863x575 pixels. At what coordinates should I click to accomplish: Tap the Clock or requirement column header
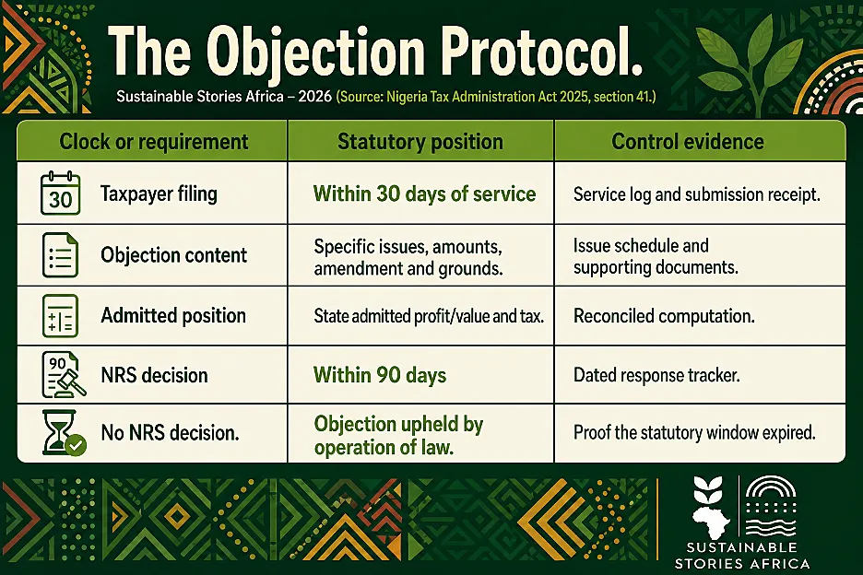(154, 142)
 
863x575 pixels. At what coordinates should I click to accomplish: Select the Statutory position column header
(420, 142)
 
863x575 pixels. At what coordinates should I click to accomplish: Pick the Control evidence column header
(688, 142)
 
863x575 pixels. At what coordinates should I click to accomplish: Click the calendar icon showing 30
(61, 194)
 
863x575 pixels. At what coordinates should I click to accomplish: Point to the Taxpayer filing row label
(159, 194)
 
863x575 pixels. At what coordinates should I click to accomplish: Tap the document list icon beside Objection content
(61, 254)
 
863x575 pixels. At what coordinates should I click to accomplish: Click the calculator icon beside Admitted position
(61, 316)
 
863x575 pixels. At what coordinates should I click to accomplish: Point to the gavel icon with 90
(64, 375)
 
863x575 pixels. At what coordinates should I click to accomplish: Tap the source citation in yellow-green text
(496, 97)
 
